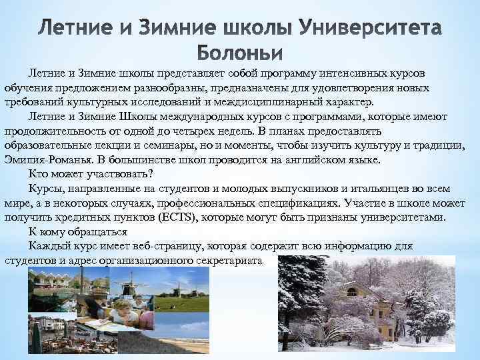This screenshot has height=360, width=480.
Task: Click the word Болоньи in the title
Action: tap(240, 52)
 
